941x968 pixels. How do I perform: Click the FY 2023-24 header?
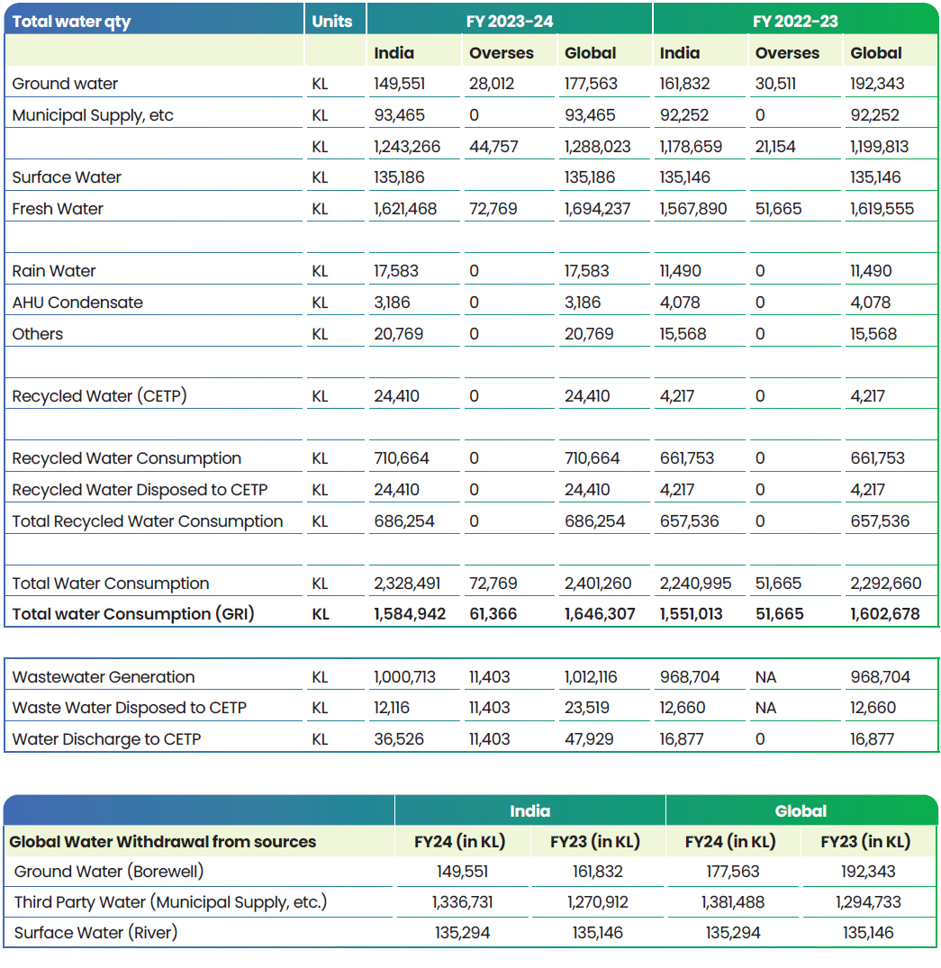pos(510,22)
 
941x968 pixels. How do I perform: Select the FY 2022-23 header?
pos(795,22)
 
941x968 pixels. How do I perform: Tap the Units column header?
pos(331,22)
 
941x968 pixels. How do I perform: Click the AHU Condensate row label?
pos(77,303)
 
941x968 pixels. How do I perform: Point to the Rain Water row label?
pos(54,271)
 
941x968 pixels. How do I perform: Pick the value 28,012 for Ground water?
pos(492,84)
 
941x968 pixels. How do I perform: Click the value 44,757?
pos(493,147)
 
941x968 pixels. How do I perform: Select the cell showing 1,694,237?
pos(597,209)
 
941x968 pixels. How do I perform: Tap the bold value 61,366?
pos(493,614)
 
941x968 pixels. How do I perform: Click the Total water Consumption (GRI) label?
pos(132,614)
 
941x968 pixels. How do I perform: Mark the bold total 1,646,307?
pos(600,614)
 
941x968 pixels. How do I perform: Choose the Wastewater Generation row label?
pos(104,677)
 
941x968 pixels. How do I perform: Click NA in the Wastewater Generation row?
pos(765,677)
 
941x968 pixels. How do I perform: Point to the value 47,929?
pos(589,739)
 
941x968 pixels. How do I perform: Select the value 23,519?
pos(586,708)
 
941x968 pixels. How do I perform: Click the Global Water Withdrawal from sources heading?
pos(162,842)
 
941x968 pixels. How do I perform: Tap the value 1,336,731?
pos(463,902)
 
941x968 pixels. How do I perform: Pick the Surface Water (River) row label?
pos(95,933)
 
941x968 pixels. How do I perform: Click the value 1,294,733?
pos(868,902)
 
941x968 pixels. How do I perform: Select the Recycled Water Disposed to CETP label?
pos(140,490)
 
